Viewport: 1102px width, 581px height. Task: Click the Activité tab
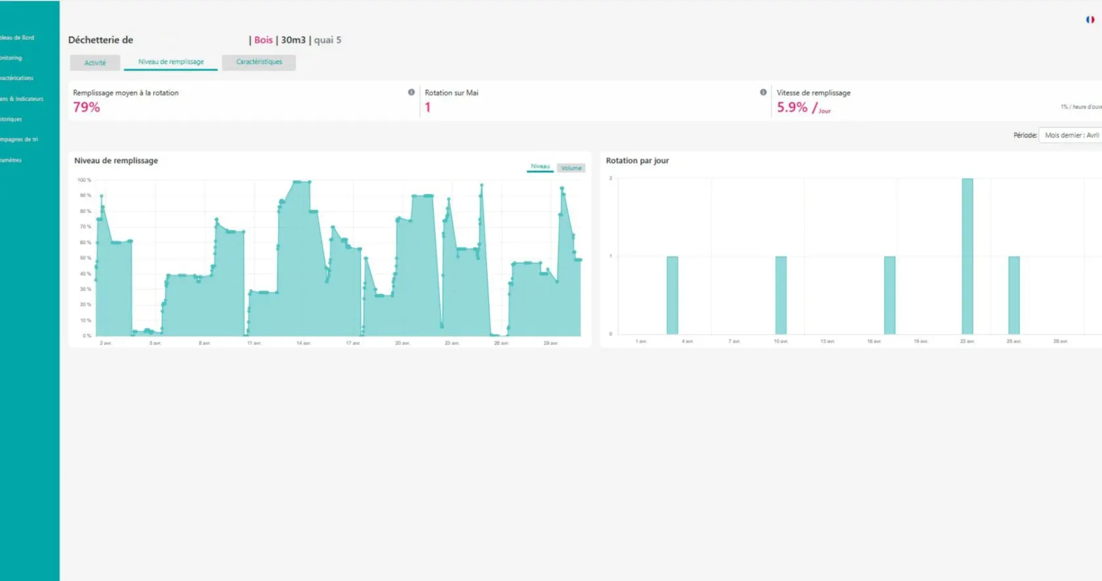[95, 63]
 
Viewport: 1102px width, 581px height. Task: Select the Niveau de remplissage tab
[171, 62]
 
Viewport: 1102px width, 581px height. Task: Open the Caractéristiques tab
[259, 62]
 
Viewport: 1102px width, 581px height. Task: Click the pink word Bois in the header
[263, 40]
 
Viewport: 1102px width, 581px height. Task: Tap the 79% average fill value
[87, 107]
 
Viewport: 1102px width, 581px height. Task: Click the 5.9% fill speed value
[792, 107]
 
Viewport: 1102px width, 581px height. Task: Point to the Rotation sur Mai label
[451, 93]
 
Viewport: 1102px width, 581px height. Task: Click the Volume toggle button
[571, 168]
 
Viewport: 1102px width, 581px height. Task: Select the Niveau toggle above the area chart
[540, 167]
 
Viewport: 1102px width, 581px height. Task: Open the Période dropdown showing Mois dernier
[1070, 135]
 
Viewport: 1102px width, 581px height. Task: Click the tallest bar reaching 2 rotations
[967, 256]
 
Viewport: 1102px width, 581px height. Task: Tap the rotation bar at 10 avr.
[780, 295]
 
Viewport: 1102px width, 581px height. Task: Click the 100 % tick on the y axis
[84, 180]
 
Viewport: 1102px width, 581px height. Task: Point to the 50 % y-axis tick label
[85, 258]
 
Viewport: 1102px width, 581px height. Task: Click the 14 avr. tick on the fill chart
[303, 343]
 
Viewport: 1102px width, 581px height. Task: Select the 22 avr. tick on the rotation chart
[967, 342]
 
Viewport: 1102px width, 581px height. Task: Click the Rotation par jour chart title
[637, 160]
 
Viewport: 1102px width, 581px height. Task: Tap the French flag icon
[1090, 20]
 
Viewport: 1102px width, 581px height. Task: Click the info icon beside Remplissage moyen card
[411, 93]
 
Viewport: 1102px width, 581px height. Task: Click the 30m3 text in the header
[294, 40]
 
